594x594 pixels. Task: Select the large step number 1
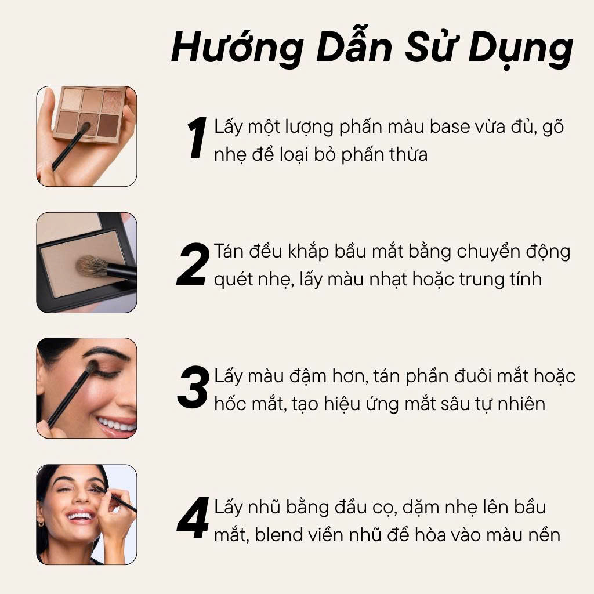197,137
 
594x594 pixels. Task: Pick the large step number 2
193,264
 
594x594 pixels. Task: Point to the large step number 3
193,387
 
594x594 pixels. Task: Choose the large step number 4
193,517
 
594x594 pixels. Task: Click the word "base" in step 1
450,126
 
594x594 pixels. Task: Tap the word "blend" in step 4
278,535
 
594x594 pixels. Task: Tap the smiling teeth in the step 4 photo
80,516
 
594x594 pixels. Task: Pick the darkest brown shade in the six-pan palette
108,125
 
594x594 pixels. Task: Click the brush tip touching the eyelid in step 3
91,367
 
